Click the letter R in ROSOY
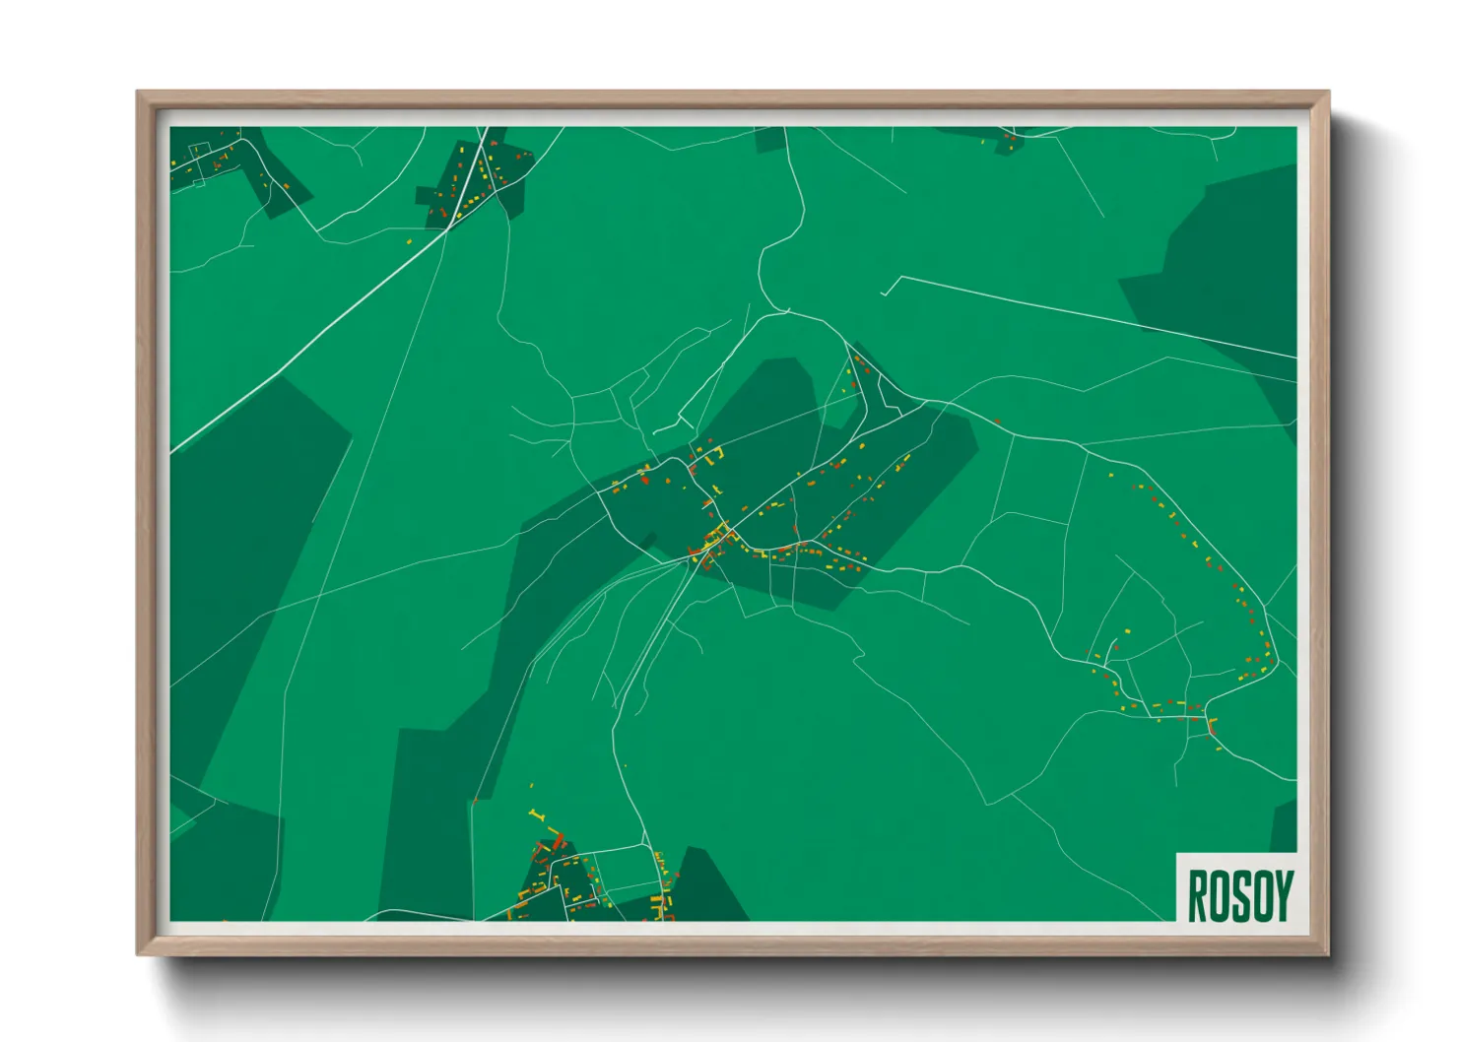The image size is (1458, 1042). click(1197, 895)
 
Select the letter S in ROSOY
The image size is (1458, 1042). click(1238, 895)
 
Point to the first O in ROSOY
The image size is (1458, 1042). click(1218, 895)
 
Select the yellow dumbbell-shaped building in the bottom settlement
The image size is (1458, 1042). click(536, 814)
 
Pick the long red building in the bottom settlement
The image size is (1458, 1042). click(559, 841)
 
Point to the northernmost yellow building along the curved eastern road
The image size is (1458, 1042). click(1111, 476)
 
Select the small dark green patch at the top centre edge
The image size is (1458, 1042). click(770, 139)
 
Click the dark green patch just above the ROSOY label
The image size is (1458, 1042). click(1285, 825)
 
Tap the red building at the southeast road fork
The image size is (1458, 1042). click(1210, 727)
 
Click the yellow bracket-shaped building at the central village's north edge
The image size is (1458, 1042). click(716, 454)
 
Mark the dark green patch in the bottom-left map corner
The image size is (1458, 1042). click(222, 857)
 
